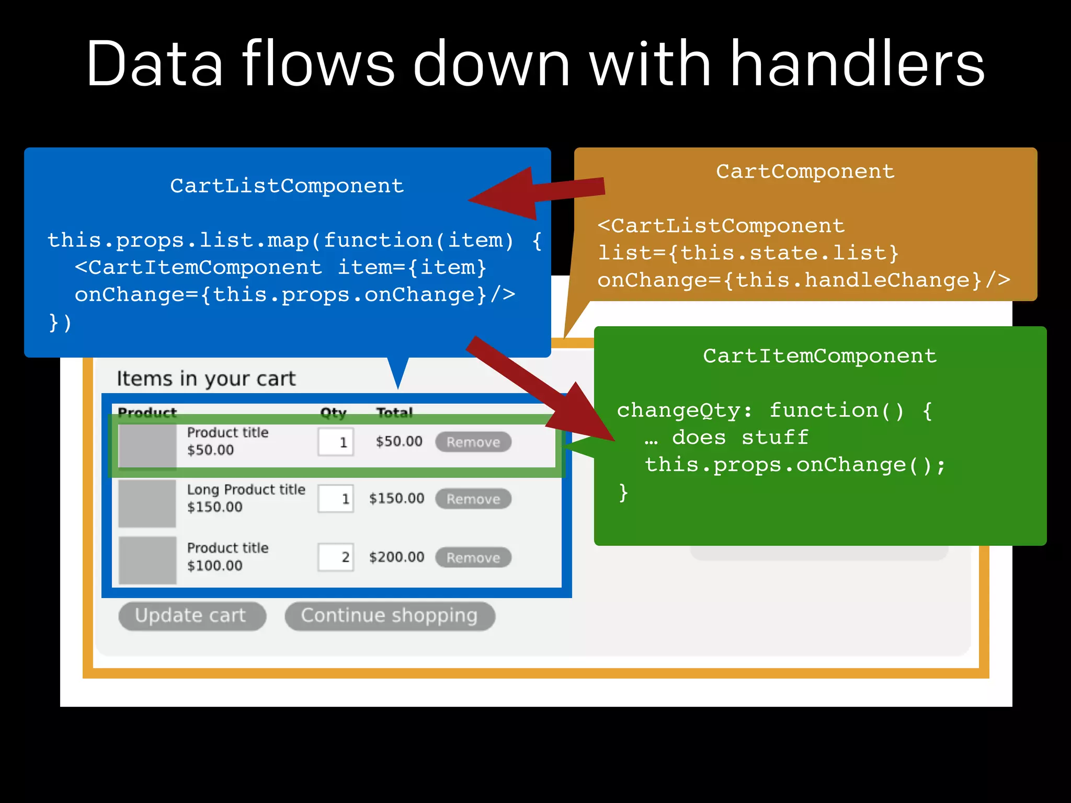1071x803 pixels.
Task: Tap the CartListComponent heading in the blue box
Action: point(287,186)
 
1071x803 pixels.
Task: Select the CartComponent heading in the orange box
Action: point(805,171)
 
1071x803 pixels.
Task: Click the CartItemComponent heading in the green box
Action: point(819,356)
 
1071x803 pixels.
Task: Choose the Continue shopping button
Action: point(390,616)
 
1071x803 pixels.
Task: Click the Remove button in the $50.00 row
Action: point(473,442)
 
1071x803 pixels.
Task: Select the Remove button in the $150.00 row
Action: point(473,499)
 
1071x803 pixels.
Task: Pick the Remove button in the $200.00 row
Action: point(473,557)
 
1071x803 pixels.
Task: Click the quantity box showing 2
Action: point(336,557)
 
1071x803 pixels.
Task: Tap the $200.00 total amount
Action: point(396,557)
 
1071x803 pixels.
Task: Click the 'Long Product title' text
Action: point(246,490)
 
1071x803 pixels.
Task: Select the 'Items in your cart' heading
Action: point(206,378)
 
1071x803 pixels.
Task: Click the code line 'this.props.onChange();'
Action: point(795,465)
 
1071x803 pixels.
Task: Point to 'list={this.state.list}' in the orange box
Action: point(748,253)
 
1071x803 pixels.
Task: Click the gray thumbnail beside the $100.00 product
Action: point(147,560)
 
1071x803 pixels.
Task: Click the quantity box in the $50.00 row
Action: point(336,442)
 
